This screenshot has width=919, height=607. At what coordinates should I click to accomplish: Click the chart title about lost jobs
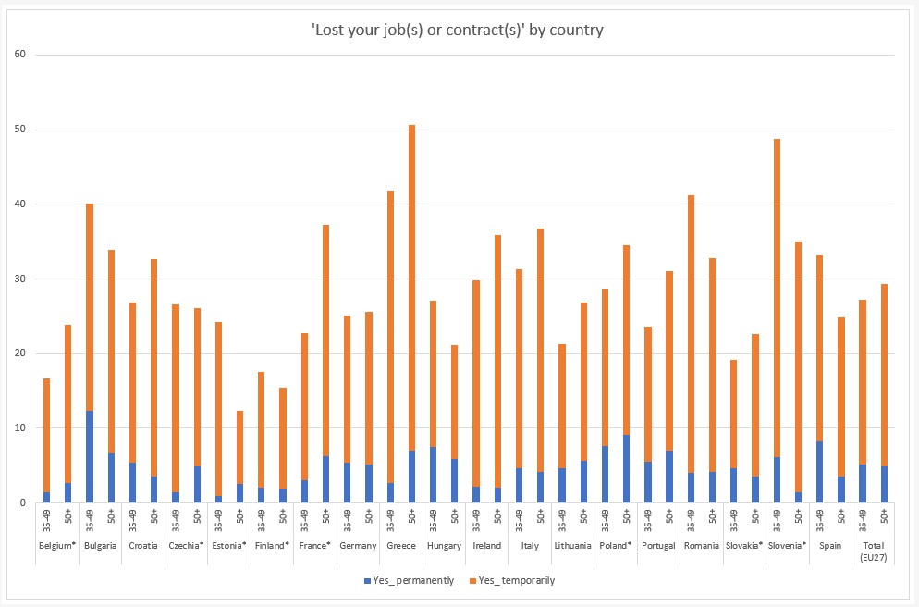point(457,30)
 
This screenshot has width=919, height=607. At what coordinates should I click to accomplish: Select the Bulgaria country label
point(100,546)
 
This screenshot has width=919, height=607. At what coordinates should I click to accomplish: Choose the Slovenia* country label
point(788,546)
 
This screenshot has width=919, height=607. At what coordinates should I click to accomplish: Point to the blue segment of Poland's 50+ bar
point(627,468)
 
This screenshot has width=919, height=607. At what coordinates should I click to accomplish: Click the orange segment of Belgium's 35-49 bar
point(46,435)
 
